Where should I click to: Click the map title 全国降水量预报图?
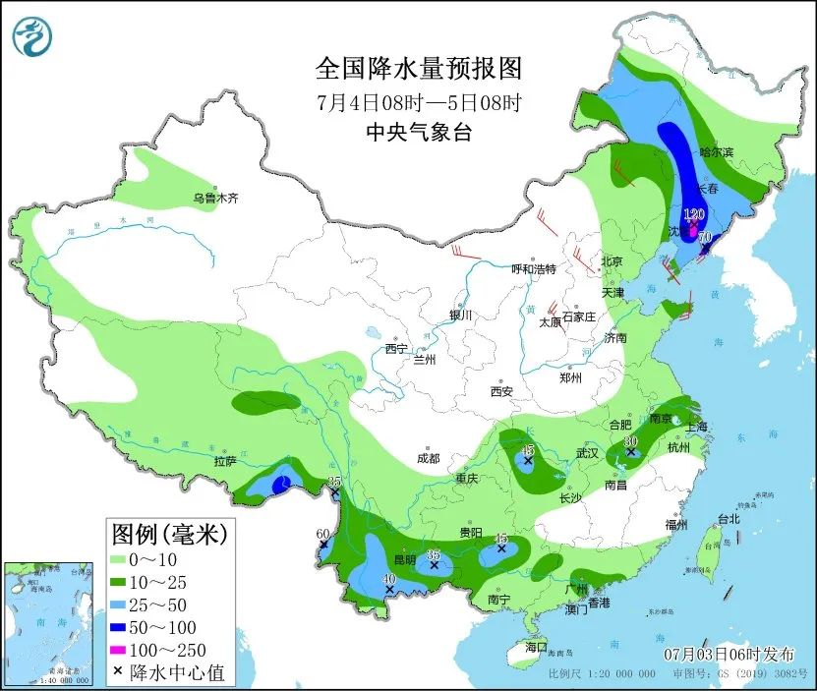pyautogui.click(x=418, y=69)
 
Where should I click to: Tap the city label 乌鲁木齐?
pyautogui.click(x=215, y=199)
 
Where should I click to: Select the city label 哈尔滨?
pyautogui.click(x=716, y=153)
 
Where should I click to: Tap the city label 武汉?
pyautogui.click(x=587, y=453)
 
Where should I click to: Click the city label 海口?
pyautogui.click(x=535, y=647)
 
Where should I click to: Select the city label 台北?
pyautogui.click(x=728, y=518)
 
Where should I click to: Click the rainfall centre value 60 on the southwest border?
pyautogui.click(x=321, y=535)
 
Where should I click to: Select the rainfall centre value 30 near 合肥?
pyautogui.click(x=631, y=441)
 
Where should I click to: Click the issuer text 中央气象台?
pyautogui.click(x=418, y=133)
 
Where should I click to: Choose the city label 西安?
pyautogui.click(x=501, y=391)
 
